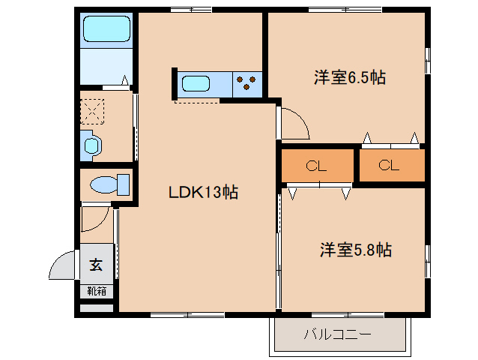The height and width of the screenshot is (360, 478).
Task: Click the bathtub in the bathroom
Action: click(x=106, y=29)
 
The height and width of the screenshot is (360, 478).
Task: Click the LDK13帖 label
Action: click(x=202, y=193)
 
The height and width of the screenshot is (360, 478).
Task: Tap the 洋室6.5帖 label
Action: click(x=350, y=76)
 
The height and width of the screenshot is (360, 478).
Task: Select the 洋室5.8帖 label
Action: click(x=356, y=250)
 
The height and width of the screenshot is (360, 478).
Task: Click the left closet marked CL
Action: click(x=316, y=166)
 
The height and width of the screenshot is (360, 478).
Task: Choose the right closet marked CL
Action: click(x=389, y=166)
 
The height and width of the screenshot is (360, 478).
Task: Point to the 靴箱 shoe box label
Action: click(x=97, y=290)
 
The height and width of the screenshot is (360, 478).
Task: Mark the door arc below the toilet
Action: click(x=96, y=218)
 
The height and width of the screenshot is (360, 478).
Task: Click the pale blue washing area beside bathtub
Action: click(x=106, y=66)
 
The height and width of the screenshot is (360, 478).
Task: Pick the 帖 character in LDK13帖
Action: click(x=231, y=193)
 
